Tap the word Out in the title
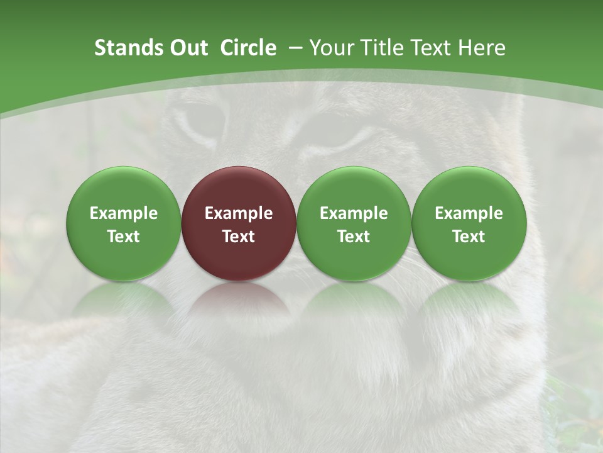pyautogui.click(x=187, y=48)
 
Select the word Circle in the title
pyautogui.click(x=248, y=48)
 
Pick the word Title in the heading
pyautogui.click(x=385, y=48)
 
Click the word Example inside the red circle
pyautogui.click(x=239, y=213)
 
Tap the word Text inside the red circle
pyautogui.click(x=239, y=237)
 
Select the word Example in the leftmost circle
pyautogui.click(x=123, y=213)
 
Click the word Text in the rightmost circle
pyautogui.click(x=469, y=237)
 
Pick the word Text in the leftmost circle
pyautogui.click(x=123, y=237)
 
